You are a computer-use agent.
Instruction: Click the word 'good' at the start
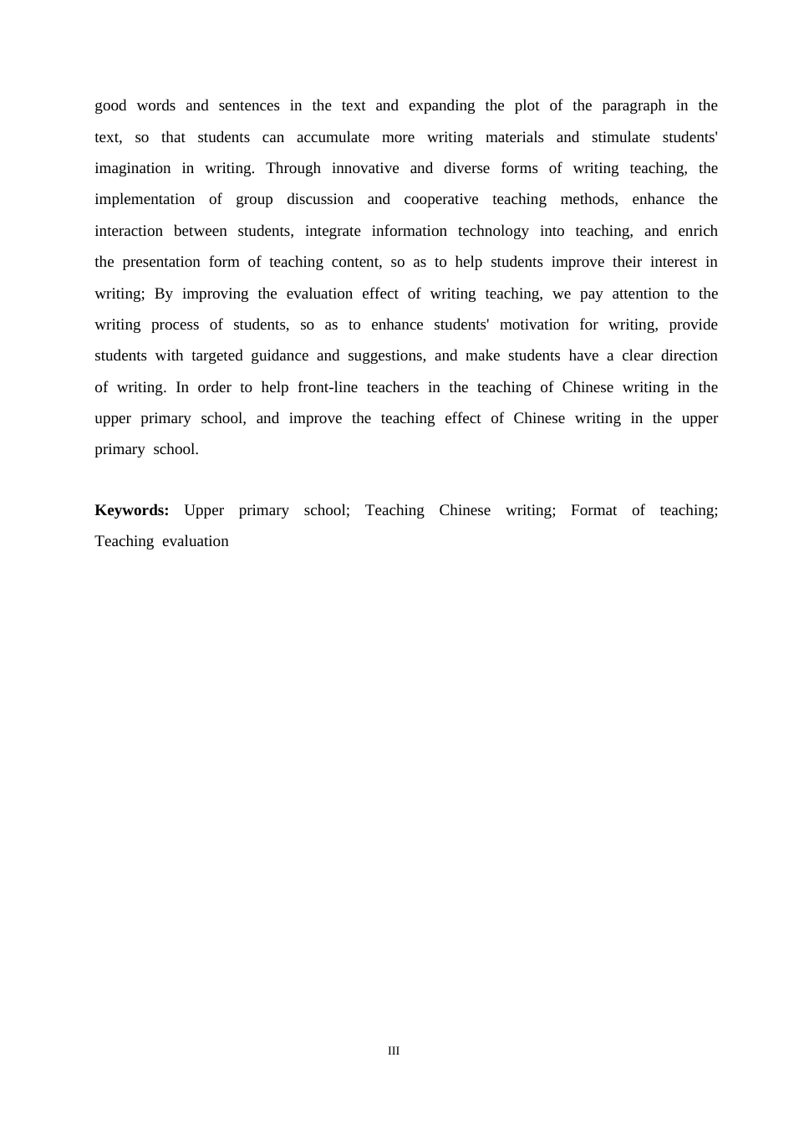pos(110,106)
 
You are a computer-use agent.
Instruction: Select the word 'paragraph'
pos(634,106)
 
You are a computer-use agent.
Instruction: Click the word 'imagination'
pos(132,169)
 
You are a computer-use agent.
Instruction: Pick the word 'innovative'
pos(365,169)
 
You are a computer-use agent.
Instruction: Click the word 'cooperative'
pos(441,200)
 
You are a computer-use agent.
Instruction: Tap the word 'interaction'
pos(129,232)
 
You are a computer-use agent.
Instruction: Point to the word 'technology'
pos(493,232)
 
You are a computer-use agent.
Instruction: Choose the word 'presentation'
pos(161,263)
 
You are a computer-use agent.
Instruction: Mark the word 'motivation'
pos(534,325)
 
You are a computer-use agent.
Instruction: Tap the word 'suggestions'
pos(386,356)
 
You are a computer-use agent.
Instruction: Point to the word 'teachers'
pos(392,388)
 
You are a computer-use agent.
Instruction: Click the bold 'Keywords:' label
pos(132,511)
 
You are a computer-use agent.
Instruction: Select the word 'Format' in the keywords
pos(593,511)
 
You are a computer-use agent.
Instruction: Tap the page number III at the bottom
pos(394,1051)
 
